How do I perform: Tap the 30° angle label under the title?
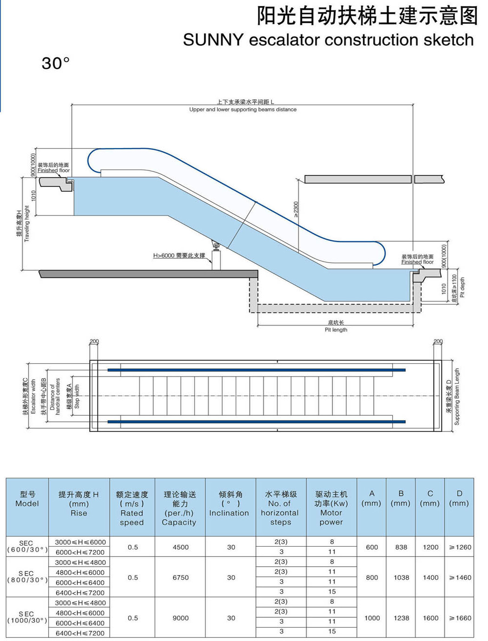tap(55, 63)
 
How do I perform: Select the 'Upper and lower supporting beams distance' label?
tap(243, 110)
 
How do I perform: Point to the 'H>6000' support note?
tap(179, 255)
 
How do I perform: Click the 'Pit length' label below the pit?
tap(336, 330)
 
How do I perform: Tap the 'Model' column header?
tap(27, 504)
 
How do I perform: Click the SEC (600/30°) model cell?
tap(27, 546)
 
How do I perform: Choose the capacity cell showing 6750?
tap(180, 577)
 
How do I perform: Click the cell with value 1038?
tap(401, 577)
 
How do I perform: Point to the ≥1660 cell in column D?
tap(460, 618)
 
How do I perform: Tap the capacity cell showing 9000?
tap(180, 618)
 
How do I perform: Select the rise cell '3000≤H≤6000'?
tap(80, 542)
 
